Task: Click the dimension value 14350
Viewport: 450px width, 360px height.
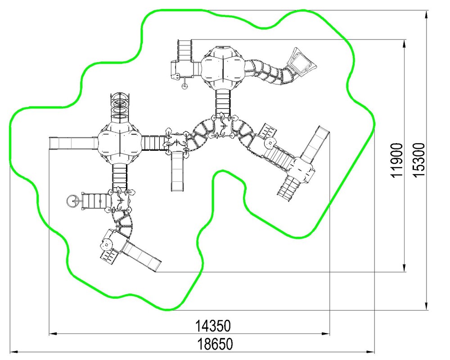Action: [213, 325]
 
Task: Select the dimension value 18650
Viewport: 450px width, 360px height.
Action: [215, 344]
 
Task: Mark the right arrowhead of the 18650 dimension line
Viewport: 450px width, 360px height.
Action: [371, 352]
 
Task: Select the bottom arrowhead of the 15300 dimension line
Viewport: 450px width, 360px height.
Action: [427, 306]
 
